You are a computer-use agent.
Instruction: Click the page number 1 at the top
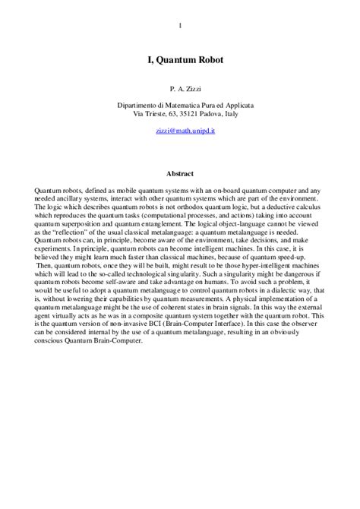[x=180, y=28]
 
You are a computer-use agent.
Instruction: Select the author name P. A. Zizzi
[x=180, y=90]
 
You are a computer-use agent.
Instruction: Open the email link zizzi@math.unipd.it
[x=180, y=131]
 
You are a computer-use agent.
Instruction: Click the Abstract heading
[x=180, y=172]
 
